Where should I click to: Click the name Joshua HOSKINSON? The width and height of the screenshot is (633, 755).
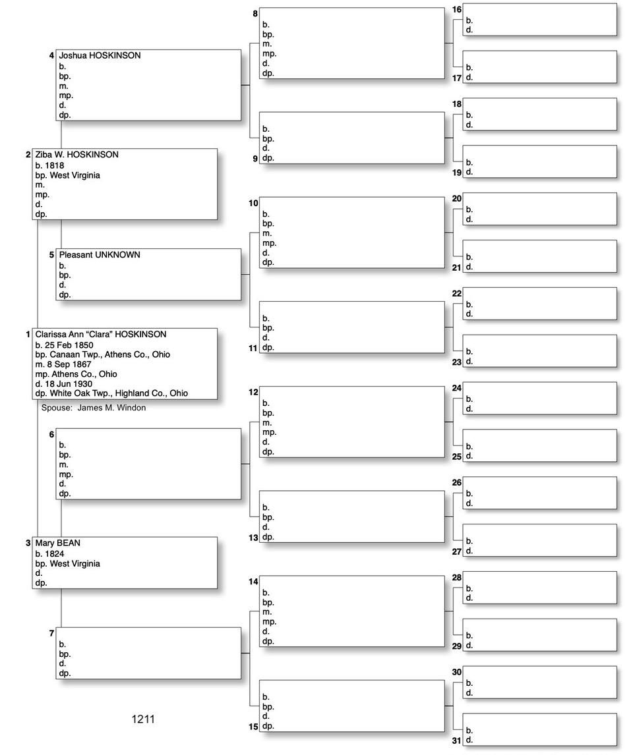point(100,56)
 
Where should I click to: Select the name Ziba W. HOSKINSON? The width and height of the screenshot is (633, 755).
point(76,155)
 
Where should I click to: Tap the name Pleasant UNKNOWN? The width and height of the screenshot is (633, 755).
point(100,255)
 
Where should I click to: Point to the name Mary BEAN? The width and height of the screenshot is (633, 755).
point(58,544)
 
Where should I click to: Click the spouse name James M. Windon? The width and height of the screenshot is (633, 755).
point(111,408)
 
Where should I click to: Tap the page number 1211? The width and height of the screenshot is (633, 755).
point(143,719)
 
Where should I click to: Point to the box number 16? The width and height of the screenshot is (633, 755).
point(457,9)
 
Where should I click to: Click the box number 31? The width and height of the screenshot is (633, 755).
point(456,741)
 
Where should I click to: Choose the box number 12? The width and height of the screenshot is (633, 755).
point(253,393)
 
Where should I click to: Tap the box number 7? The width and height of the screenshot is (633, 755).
point(51,634)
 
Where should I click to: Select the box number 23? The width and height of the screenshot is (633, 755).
point(456,362)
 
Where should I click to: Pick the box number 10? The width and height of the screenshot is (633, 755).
point(253,203)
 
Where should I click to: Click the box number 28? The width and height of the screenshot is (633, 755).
point(457,578)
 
